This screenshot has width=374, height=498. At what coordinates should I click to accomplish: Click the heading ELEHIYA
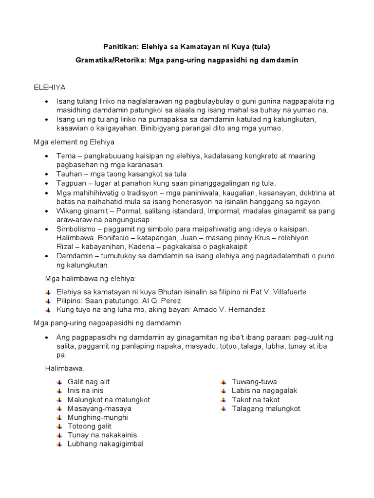(x=49, y=87)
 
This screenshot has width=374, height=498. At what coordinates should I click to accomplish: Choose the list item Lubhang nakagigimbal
(x=105, y=444)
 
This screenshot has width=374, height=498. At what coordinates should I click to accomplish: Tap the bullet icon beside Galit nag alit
(x=60, y=382)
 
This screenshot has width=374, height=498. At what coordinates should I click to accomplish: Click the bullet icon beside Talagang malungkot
(x=223, y=409)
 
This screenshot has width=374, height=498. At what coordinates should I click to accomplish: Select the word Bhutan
(x=157, y=292)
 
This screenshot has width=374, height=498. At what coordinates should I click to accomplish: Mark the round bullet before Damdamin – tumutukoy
(x=46, y=256)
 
